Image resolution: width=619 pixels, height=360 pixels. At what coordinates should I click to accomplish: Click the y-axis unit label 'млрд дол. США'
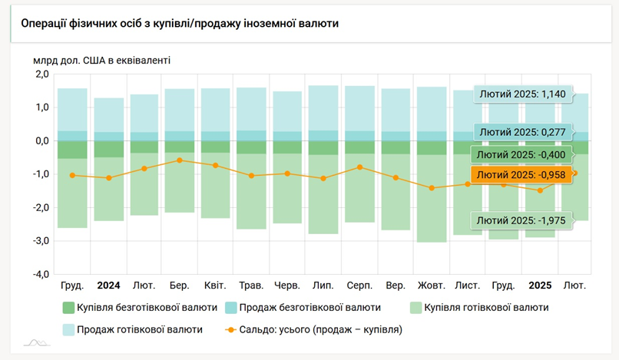click(x=101, y=58)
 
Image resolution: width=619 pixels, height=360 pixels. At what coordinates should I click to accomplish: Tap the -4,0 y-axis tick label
click(x=38, y=274)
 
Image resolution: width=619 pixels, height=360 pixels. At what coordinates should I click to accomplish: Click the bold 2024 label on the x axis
click(x=108, y=286)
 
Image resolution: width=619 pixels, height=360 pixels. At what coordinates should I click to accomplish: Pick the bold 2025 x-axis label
click(x=541, y=286)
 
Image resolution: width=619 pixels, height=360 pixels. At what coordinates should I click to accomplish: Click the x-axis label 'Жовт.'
click(x=431, y=286)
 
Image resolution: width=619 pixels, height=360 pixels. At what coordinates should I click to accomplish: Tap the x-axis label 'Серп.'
click(x=359, y=286)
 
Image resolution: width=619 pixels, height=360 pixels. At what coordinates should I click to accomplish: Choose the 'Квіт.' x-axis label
click(x=215, y=286)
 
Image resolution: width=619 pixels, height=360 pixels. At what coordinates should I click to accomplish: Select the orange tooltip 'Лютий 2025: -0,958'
click(x=525, y=176)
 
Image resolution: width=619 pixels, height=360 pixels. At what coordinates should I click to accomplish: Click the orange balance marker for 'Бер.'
click(x=180, y=160)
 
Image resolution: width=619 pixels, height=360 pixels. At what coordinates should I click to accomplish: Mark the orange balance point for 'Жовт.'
click(x=432, y=188)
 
